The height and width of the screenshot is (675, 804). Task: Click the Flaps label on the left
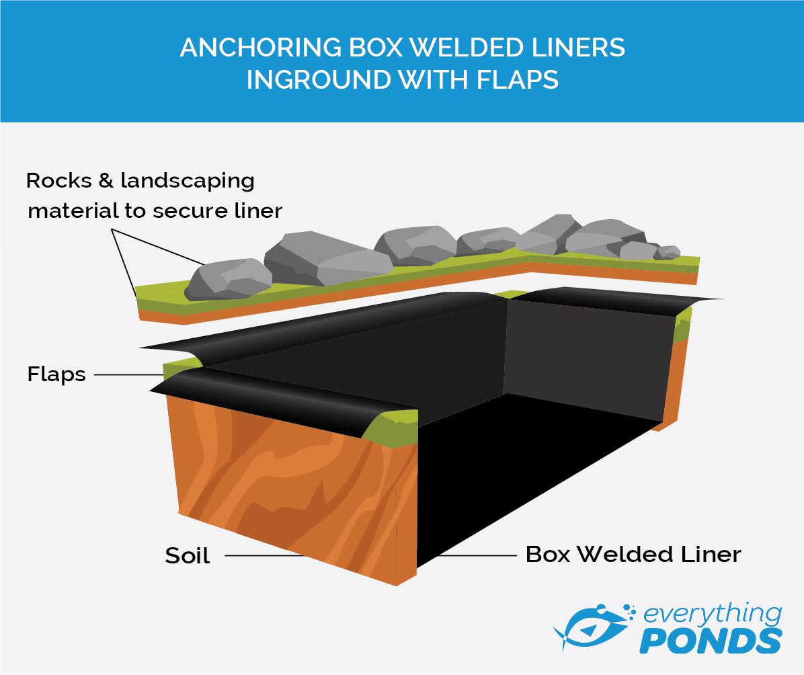click(x=56, y=374)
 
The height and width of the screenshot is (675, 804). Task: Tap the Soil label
click(x=188, y=555)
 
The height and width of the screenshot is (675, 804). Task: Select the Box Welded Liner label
click(x=633, y=554)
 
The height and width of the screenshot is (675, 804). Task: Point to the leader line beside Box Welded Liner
click(x=471, y=555)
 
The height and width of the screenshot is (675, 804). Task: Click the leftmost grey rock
click(x=229, y=278)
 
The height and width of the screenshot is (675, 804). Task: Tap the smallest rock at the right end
click(x=668, y=252)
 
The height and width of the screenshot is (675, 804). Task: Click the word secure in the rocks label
click(x=188, y=210)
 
